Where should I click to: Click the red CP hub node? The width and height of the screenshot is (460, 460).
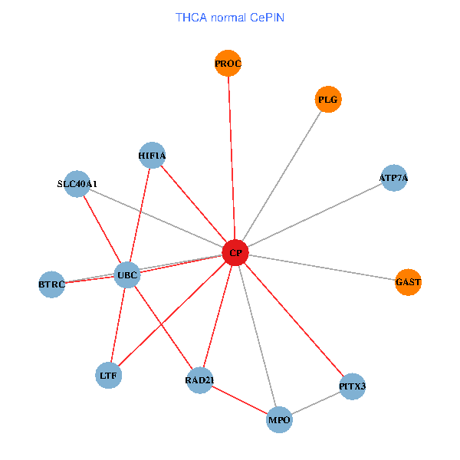click(x=235, y=253)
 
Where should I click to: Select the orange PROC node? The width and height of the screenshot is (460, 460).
click(x=228, y=64)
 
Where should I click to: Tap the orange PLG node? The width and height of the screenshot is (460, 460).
click(x=328, y=100)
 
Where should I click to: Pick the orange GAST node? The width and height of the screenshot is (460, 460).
click(x=409, y=282)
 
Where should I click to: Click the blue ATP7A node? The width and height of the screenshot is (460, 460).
click(x=393, y=178)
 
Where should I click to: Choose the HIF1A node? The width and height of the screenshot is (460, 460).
click(x=153, y=156)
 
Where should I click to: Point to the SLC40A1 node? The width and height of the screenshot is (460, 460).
click(x=77, y=184)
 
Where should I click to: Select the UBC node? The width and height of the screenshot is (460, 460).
click(x=127, y=274)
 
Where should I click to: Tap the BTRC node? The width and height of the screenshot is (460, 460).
click(x=51, y=284)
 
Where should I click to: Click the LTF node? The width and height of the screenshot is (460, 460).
click(x=108, y=376)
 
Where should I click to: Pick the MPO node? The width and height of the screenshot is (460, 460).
click(x=279, y=420)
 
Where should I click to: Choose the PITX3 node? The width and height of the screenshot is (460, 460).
click(x=353, y=386)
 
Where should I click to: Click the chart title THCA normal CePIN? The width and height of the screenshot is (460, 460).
click(x=230, y=17)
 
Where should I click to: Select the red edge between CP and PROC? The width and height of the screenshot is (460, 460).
click(x=232, y=158)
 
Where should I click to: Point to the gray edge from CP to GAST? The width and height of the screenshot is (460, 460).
click(x=322, y=268)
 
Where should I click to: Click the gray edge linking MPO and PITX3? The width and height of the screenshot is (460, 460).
click(x=316, y=403)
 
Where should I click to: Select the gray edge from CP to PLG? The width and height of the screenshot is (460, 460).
click(x=281, y=176)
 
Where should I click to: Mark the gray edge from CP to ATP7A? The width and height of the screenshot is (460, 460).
click(x=314, y=215)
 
